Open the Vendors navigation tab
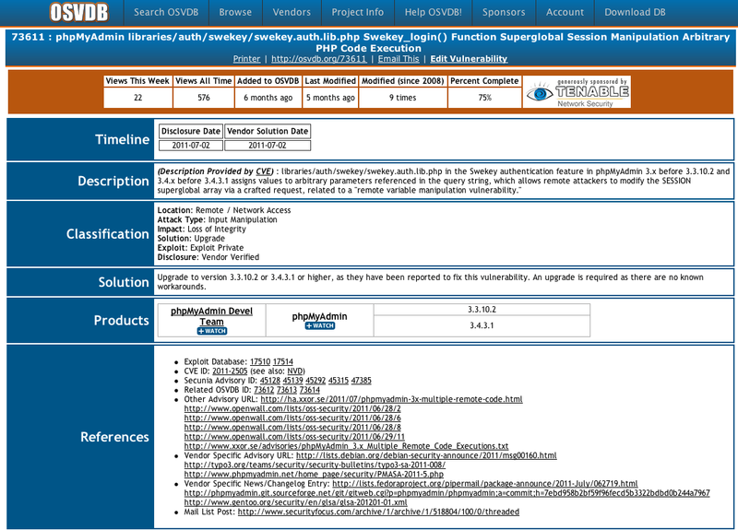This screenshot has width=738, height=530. click(292, 13)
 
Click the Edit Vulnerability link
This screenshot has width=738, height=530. click(469, 59)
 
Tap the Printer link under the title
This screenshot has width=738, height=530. click(246, 59)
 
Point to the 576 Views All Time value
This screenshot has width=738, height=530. click(204, 97)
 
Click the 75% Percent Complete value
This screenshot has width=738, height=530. click(484, 97)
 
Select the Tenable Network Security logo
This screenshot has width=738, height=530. click(578, 93)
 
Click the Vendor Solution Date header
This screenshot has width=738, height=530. click(268, 131)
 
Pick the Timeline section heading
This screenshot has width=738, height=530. click(123, 139)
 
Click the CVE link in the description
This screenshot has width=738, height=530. click(263, 171)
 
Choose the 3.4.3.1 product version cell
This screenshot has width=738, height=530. click(483, 325)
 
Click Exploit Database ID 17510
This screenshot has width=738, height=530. click(260, 361)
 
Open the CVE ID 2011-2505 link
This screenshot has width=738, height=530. click(229, 371)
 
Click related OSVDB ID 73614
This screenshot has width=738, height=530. click(310, 390)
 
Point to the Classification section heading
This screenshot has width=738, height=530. click(107, 234)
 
